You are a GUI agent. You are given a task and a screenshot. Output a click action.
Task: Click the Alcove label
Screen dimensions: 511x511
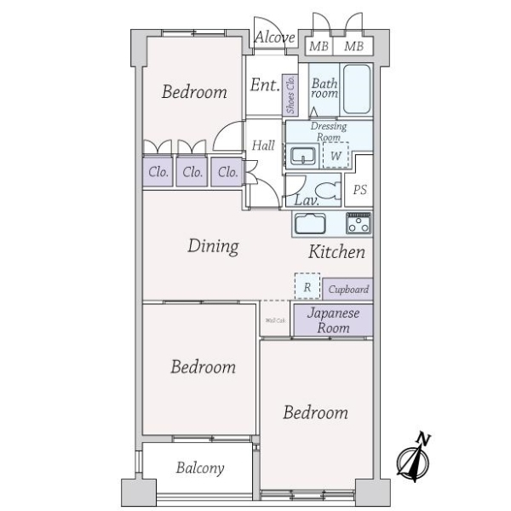(x=275, y=38)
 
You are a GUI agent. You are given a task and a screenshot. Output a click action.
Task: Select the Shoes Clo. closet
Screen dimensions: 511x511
(x=291, y=95)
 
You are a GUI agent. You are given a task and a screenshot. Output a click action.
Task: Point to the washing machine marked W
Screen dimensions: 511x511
(x=336, y=156)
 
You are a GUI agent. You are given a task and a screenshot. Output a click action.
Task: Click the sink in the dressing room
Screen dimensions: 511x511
(x=301, y=156)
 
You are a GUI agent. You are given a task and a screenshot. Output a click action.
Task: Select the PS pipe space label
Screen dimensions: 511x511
(x=360, y=190)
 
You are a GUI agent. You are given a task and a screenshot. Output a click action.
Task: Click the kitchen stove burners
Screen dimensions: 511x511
(x=359, y=225)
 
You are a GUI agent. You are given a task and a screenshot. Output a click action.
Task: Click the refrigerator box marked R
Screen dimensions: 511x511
(x=307, y=287)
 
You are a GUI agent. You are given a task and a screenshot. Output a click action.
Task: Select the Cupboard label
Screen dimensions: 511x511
(x=347, y=290)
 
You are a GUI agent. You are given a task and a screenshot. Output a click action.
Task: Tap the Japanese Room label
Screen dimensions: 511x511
(x=333, y=320)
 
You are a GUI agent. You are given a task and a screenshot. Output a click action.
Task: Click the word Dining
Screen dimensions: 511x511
(x=212, y=247)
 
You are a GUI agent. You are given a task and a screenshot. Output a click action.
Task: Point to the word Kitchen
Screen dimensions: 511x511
(x=336, y=252)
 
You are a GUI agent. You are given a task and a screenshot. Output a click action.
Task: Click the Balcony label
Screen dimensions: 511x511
(x=200, y=468)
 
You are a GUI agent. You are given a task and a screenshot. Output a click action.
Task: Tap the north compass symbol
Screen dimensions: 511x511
(x=415, y=459)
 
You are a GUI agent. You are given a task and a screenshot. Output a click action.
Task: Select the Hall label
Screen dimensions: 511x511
(x=263, y=146)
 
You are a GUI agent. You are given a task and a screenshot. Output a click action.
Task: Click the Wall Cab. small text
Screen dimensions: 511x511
(x=275, y=321)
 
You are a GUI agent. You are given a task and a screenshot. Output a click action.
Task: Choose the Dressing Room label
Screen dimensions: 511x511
(x=328, y=132)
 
